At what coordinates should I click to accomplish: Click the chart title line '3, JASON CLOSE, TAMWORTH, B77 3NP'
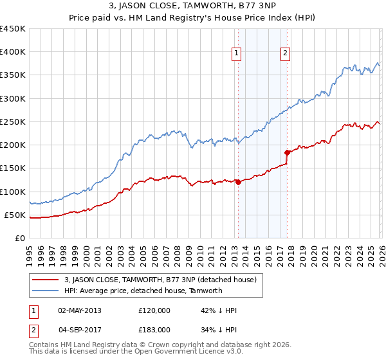pos(192,7)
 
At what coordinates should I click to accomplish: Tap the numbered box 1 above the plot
pos(237,53)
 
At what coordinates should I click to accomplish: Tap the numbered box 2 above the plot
pos(285,53)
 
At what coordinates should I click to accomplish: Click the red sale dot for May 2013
pos(238,182)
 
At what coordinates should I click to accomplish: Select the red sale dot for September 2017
pos(287,152)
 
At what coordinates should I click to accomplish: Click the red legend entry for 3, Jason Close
pos(160,280)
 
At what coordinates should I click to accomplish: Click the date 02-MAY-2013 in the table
pos(80,310)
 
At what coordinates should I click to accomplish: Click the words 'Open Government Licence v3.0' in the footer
pos(191,353)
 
